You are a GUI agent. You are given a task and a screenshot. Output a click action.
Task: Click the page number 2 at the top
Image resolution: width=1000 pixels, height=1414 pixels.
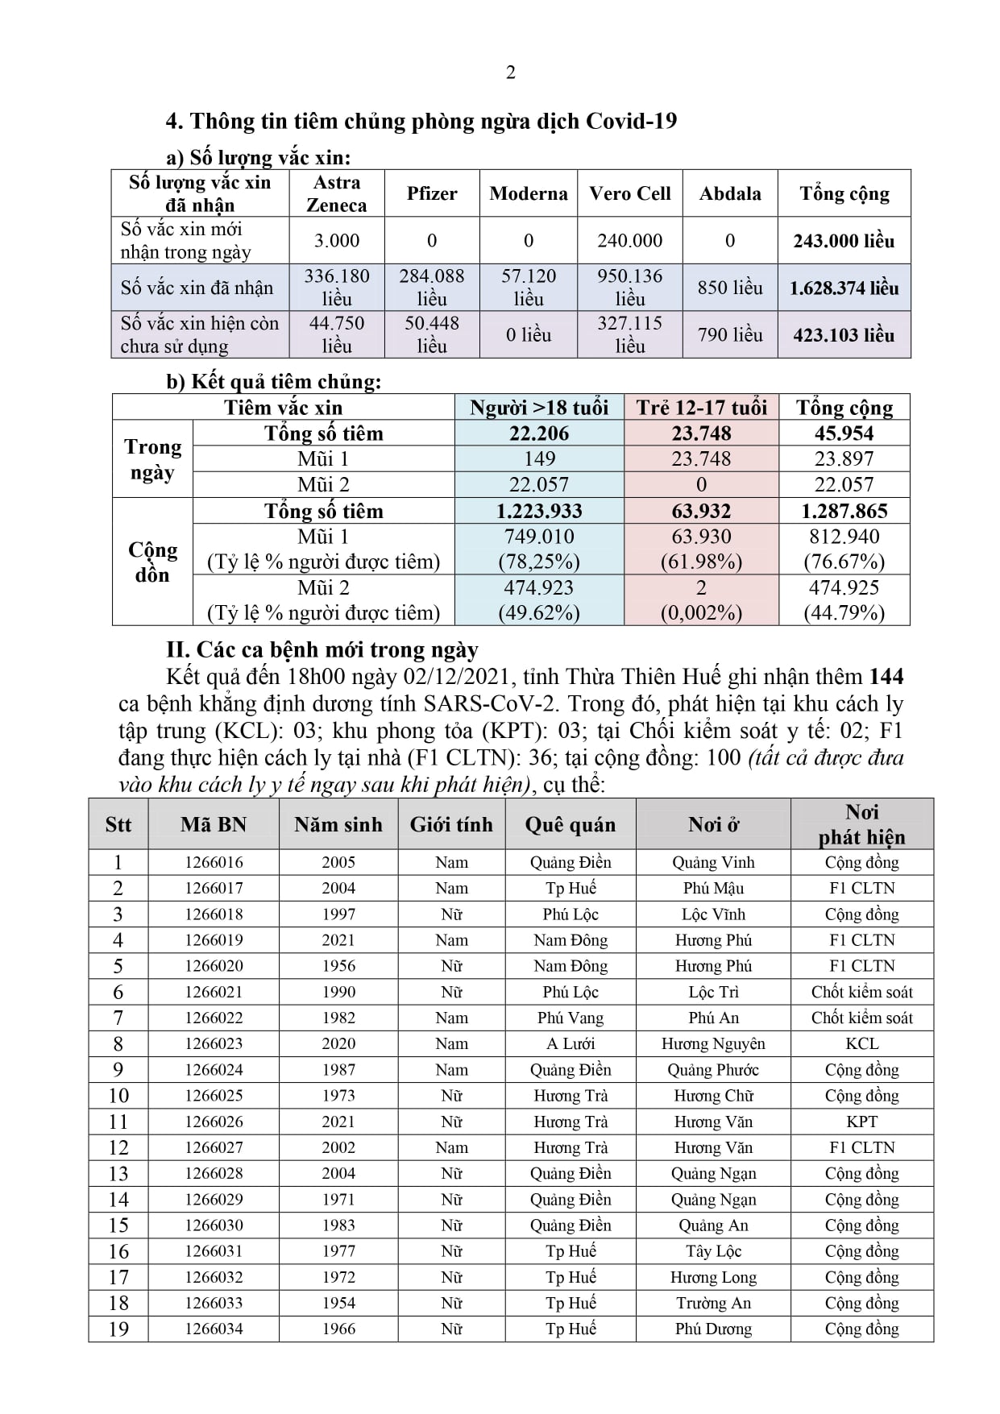[510, 73]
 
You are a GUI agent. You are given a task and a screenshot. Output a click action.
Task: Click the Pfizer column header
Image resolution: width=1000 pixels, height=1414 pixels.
[432, 193]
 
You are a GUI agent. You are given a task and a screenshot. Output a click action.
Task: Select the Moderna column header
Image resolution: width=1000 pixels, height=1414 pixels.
[528, 193]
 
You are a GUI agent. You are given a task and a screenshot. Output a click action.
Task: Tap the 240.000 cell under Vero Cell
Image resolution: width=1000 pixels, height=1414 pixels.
[629, 240]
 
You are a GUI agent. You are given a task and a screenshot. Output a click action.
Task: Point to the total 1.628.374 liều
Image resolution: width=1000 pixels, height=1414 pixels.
[844, 288]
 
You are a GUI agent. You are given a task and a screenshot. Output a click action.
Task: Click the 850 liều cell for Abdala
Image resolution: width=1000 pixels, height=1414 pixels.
[729, 288]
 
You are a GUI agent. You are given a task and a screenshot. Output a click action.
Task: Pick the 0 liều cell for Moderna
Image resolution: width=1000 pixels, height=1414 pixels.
[528, 334]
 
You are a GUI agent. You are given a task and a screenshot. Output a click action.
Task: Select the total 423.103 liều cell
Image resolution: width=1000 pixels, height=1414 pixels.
[844, 334]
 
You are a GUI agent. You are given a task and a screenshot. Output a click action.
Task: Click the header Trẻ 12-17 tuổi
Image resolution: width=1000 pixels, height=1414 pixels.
[701, 408]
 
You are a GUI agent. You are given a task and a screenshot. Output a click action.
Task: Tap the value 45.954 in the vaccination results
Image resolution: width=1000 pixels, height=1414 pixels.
[844, 433]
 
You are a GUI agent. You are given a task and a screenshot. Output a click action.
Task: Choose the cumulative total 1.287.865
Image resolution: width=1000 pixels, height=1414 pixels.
[844, 511]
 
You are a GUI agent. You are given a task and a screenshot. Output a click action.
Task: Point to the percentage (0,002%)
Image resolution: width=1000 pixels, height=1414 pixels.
[701, 613]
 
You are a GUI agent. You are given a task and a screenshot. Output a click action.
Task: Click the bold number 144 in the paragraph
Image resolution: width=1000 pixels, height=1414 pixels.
[886, 677]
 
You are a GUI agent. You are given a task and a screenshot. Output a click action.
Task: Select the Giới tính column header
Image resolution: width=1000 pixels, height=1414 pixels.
[451, 824]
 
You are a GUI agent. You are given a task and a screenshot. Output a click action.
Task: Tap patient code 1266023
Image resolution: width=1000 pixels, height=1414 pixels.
[214, 1043]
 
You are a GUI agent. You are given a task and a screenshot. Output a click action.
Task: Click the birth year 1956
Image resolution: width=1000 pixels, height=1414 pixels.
[338, 966]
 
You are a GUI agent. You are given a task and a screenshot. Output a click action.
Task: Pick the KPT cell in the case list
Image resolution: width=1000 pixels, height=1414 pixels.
[861, 1122]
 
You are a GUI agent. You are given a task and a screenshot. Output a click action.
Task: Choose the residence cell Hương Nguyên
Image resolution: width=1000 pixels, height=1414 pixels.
[713, 1043]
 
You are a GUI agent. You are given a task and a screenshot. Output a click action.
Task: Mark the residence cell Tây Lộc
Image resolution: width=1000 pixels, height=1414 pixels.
[713, 1251]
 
